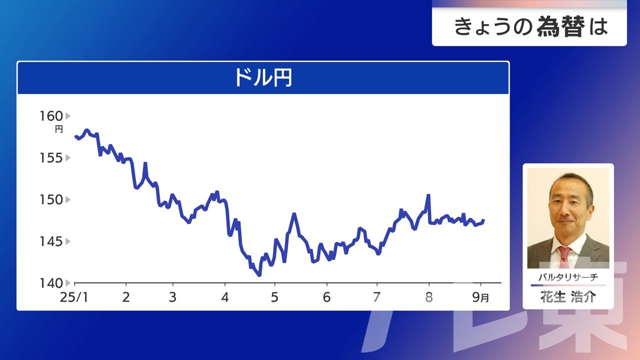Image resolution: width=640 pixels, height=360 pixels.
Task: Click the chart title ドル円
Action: pos(263,77)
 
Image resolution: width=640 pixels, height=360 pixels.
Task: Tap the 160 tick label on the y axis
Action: pos(51,116)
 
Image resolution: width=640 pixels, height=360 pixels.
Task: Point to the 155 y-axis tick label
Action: pos(51,158)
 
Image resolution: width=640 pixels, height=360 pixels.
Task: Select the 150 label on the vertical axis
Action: pos(51,200)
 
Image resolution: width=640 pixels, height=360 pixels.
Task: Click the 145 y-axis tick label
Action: pos(51,241)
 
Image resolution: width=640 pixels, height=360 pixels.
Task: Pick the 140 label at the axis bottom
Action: pos(51,283)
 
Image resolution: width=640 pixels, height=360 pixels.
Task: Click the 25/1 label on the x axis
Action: pos(74,297)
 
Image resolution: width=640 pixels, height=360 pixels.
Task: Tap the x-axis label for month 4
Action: pos(225,297)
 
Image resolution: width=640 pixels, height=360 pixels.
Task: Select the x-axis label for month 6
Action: pos(326,297)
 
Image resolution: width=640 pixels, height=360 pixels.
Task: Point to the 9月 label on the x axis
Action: pos(480,297)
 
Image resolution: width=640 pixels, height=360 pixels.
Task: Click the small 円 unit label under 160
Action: pos(59,129)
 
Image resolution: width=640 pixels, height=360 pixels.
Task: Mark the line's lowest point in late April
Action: pos(259,275)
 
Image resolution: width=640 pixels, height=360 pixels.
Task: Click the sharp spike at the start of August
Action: pos(428,195)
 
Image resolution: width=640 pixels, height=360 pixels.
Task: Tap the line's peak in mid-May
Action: pos(294,214)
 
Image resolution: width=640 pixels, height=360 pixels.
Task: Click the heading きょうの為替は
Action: pos(531,27)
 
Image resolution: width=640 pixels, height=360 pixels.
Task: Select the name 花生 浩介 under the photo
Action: pos(568,297)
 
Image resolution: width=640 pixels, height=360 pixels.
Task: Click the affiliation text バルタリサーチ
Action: pos(568,277)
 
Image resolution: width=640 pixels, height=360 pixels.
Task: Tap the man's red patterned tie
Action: pos(564,257)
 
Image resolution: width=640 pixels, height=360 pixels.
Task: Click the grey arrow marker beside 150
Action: pos(68,200)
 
